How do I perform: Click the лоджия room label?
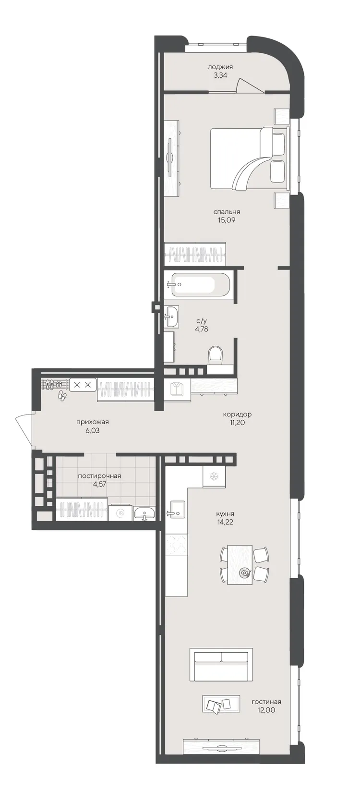[x=220, y=66]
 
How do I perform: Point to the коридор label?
[x=237, y=414]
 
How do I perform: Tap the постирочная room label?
[x=99, y=476]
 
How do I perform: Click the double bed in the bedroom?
[x=249, y=158]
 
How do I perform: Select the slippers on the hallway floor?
[x=62, y=396]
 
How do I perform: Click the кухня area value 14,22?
[x=226, y=522]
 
